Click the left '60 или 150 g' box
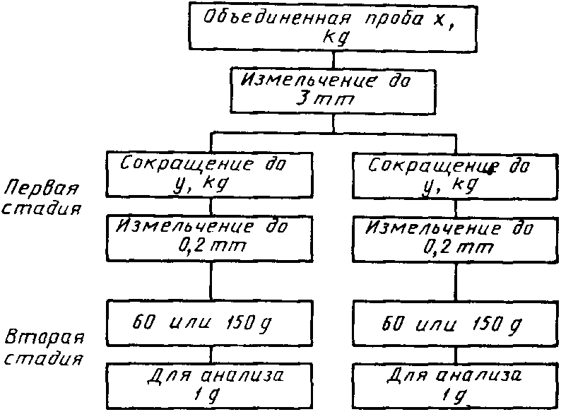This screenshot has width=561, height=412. click(x=210, y=323)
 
